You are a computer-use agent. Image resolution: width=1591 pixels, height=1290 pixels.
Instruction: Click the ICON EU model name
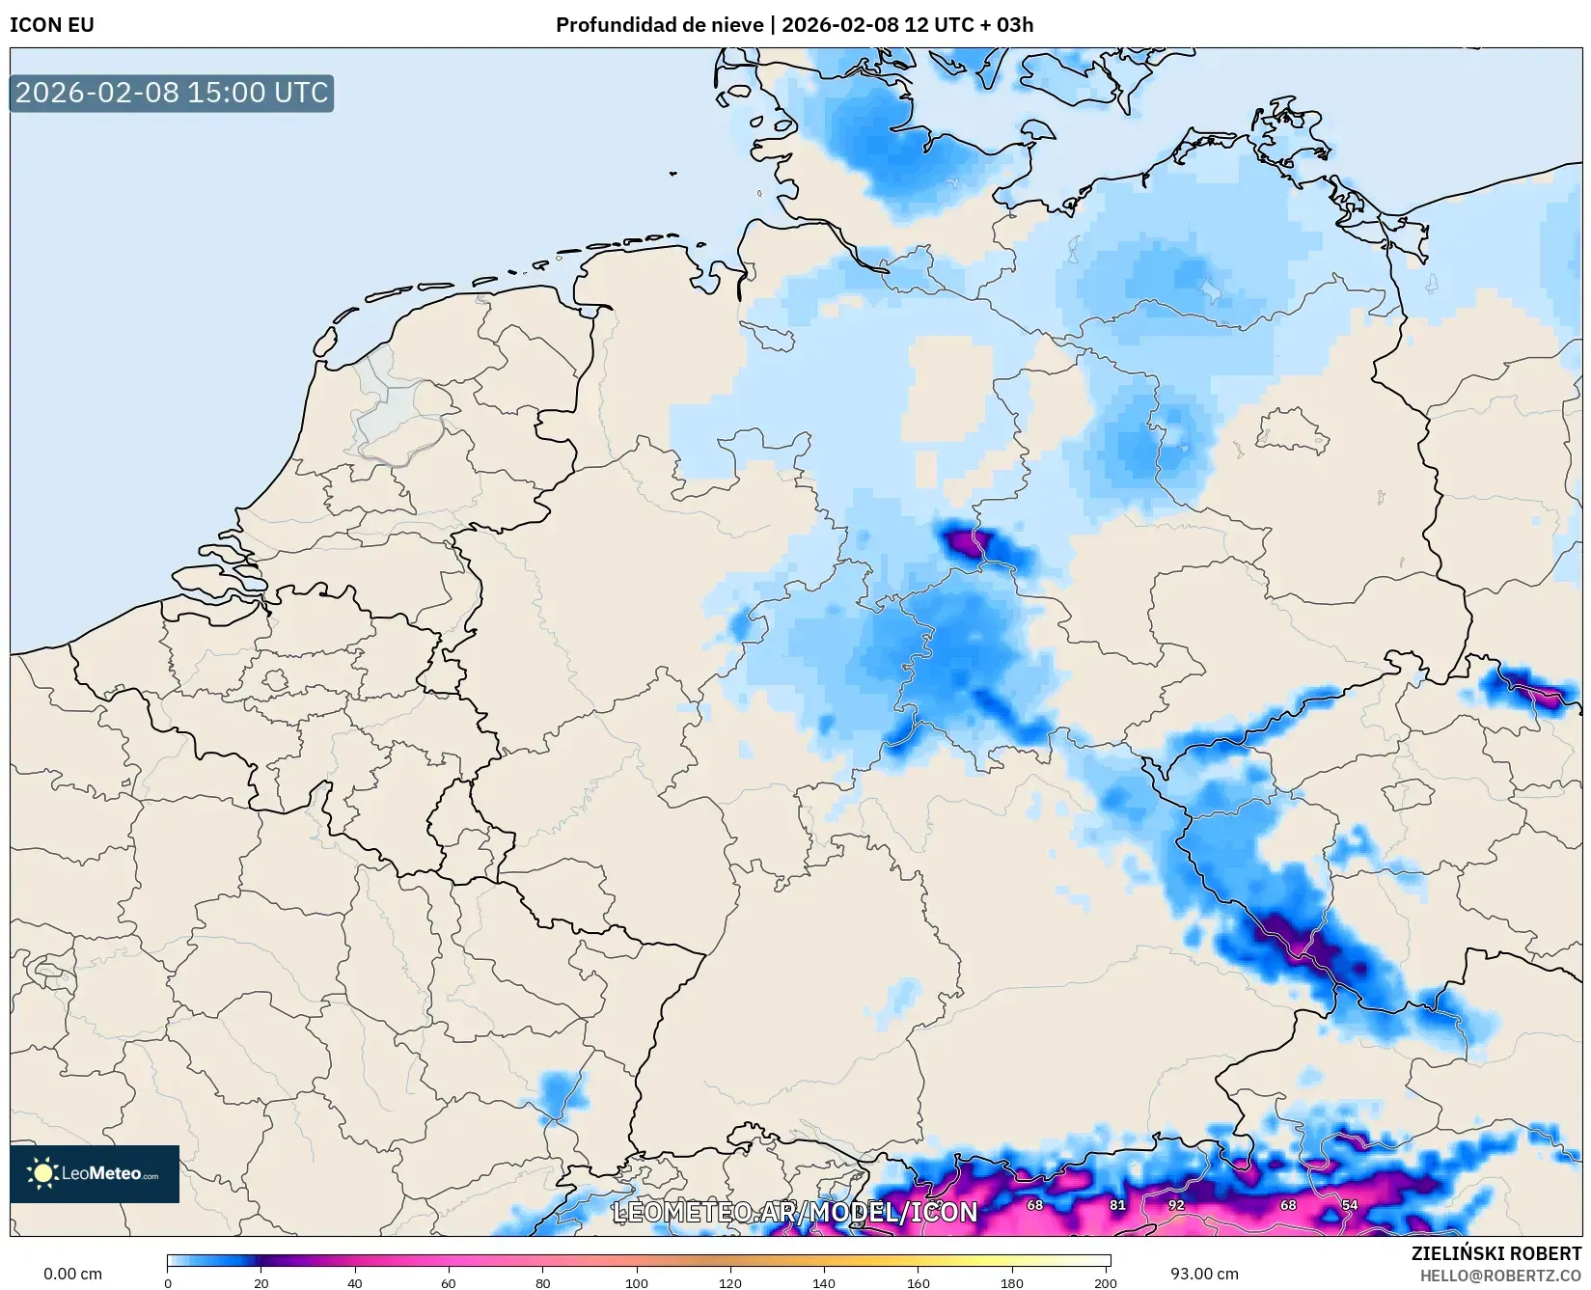[52, 25]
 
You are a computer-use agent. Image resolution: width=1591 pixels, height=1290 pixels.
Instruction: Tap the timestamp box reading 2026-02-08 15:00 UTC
[172, 93]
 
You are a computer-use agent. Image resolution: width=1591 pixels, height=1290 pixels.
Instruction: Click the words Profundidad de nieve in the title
[659, 25]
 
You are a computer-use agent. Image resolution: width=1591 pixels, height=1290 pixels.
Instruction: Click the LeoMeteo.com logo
[95, 1173]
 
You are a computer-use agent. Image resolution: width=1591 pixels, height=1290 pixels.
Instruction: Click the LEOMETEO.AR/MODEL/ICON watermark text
[795, 1212]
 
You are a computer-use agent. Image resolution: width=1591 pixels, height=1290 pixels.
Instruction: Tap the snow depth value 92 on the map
[1175, 1205]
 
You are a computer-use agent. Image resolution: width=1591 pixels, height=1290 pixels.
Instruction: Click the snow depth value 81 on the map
[1117, 1205]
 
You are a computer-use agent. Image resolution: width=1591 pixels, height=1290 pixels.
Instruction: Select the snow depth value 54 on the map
[1350, 1205]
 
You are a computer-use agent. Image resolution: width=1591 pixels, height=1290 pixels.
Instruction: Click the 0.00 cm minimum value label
[72, 1274]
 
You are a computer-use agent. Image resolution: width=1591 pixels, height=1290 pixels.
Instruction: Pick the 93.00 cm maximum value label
[1204, 1274]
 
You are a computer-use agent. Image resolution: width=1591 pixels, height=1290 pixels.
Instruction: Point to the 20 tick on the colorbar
[261, 1283]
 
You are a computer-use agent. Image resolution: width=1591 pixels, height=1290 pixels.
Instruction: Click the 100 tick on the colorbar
[637, 1283]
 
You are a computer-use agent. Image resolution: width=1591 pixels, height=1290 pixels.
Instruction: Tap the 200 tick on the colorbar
[1106, 1283]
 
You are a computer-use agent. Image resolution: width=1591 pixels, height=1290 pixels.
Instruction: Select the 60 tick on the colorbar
[449, 1283]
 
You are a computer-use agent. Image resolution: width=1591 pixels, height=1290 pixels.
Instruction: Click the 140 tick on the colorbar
[824, 1283]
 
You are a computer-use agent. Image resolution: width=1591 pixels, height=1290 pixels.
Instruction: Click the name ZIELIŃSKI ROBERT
[1496, 1253]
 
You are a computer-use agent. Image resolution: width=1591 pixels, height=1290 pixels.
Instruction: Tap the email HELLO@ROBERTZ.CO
[1500, 1276]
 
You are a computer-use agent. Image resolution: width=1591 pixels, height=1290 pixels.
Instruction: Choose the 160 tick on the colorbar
[919, 1283]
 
